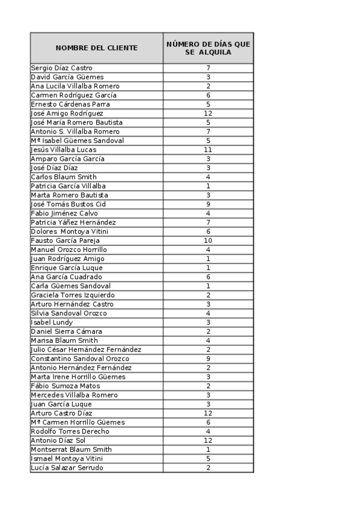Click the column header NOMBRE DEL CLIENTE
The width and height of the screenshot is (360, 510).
97,48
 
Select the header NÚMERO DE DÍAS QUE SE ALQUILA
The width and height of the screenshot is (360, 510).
208,48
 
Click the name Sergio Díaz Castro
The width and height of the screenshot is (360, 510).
62,68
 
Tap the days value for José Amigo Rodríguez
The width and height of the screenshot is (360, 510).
208,113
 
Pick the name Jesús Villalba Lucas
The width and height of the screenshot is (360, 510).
64,150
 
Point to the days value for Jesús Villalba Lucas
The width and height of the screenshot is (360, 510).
208,150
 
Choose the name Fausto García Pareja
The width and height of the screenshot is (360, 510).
66,241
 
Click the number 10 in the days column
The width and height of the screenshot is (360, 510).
208,241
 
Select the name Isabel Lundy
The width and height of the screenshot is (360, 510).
52,322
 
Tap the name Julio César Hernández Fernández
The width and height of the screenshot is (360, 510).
86,349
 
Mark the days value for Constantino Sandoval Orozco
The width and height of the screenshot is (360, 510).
208,358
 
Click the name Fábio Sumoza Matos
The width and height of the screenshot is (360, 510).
66,386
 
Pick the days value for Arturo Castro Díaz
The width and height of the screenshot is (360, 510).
208,413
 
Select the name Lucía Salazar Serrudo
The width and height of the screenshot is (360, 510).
67,468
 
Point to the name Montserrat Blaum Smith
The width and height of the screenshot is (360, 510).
71,449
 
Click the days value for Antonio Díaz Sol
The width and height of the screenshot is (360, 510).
208,440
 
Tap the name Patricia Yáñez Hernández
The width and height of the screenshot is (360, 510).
73,223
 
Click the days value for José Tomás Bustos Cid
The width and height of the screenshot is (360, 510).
208,204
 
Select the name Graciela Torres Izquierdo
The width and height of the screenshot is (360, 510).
73,295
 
